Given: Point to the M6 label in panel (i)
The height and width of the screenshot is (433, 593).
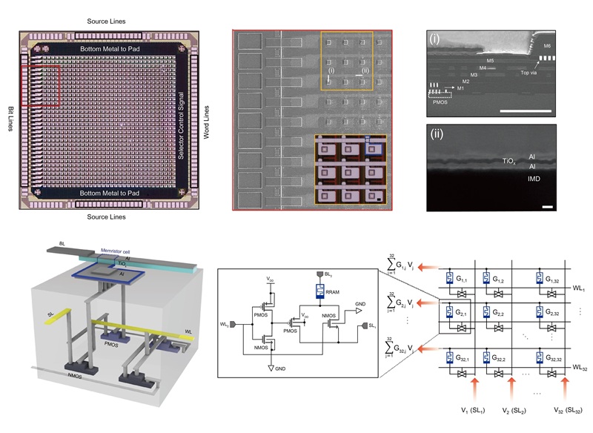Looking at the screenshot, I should [547, 46].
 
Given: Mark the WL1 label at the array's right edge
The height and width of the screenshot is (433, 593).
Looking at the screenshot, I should [580, 288].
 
